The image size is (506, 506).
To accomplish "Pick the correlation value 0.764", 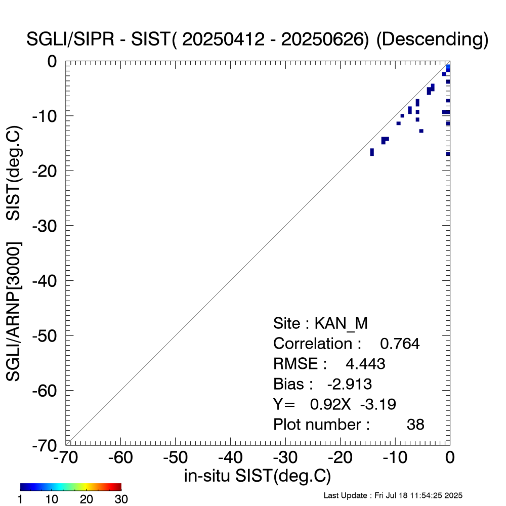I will tap(400, 344).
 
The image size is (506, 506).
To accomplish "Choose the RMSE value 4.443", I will tap(365, 364).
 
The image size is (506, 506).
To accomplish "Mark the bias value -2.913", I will tap(350, 384).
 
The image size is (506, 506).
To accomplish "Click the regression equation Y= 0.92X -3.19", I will tap(334, 404).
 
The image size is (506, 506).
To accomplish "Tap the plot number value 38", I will tap(415, 425).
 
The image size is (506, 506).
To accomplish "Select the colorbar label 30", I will tap(120, 499).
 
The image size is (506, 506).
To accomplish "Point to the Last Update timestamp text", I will tap(393, 495).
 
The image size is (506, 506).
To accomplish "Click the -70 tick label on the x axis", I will tap(66, 457).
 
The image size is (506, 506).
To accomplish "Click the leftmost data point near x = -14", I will tap(372, 152).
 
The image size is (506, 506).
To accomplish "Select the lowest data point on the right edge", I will tap(448, 154).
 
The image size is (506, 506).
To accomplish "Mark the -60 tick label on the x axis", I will tap(120, 457).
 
